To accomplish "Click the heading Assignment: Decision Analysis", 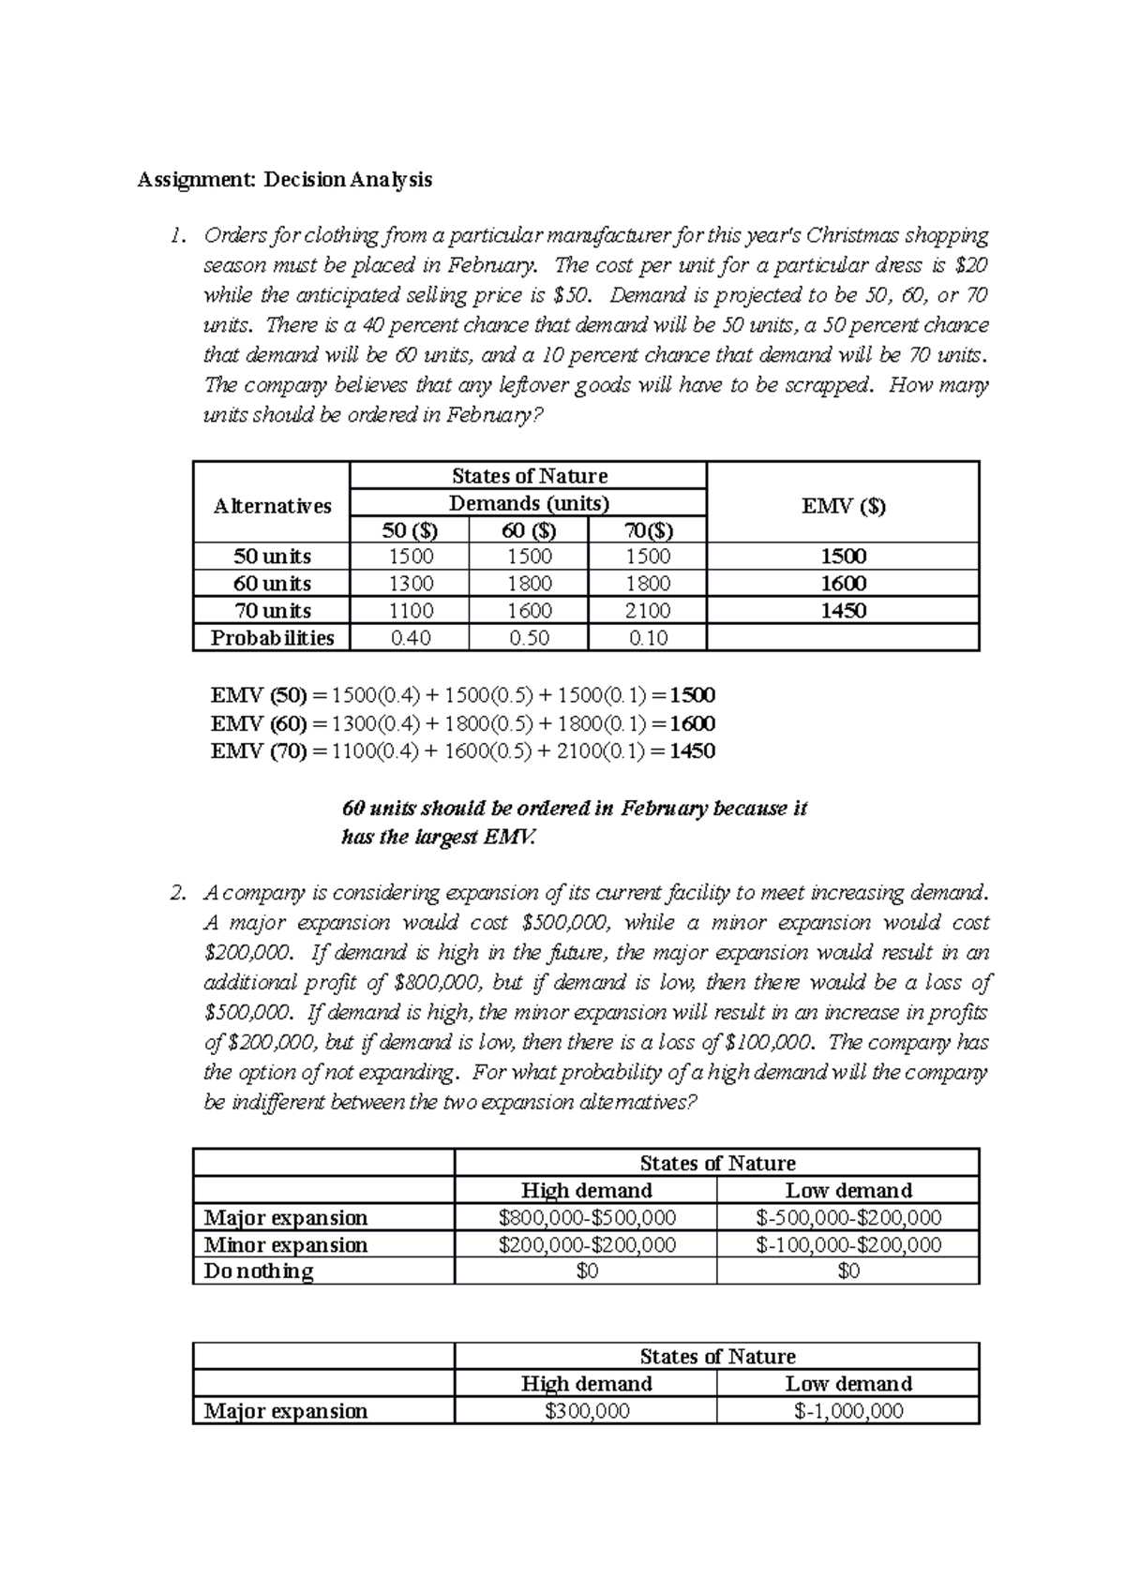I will [x=285, y=180].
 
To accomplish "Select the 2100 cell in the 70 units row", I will [x=647, y=611].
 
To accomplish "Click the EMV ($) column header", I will [x=843, y=507].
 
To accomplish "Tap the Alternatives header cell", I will [x=272, y=507].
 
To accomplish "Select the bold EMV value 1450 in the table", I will [x=843, y=611].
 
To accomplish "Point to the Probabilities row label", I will [x=272, y=638].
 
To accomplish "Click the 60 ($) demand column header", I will [x=529, y=530].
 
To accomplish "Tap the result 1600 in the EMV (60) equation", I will [x=692, y=723].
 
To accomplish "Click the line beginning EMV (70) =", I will [x=462, y=751].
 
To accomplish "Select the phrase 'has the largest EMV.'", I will [x=439, y=838].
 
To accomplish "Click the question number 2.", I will [x=178, y=893].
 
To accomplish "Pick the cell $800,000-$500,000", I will [x=587, y=1218].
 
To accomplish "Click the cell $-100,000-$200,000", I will [x=847, y=1245].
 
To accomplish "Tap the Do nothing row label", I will [x=259, y=1271].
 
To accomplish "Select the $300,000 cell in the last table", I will [x=587, y=1411].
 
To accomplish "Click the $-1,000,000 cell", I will [x=847, y=1411].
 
